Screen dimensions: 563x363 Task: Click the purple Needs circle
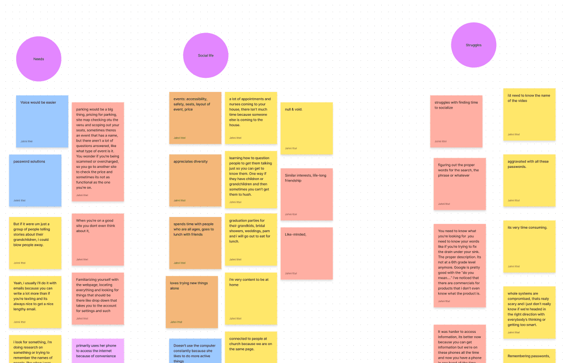(39, 59)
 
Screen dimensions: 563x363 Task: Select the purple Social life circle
(206, 55)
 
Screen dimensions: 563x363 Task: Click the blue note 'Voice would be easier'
(42, 121)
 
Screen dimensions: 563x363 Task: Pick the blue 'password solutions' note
(35, 180)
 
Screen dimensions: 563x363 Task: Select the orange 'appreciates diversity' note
(195, 180)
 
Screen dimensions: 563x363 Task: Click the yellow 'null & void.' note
(306, 128)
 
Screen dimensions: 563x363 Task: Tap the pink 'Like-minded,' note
(306, 253)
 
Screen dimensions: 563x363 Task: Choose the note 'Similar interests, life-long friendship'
(306, 194)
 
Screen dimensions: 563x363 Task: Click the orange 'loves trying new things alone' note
(192, 302)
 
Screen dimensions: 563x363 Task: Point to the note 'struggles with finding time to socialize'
(456, 121)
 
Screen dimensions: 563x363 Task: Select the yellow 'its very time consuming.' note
(529, 246)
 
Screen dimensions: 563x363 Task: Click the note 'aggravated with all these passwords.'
(529, 180)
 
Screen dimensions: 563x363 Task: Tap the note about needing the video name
(529, 114)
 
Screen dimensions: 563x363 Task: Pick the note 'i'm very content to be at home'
(251, 298)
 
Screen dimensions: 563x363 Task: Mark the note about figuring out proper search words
(460, 184)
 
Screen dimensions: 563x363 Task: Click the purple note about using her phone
(97, 350)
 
